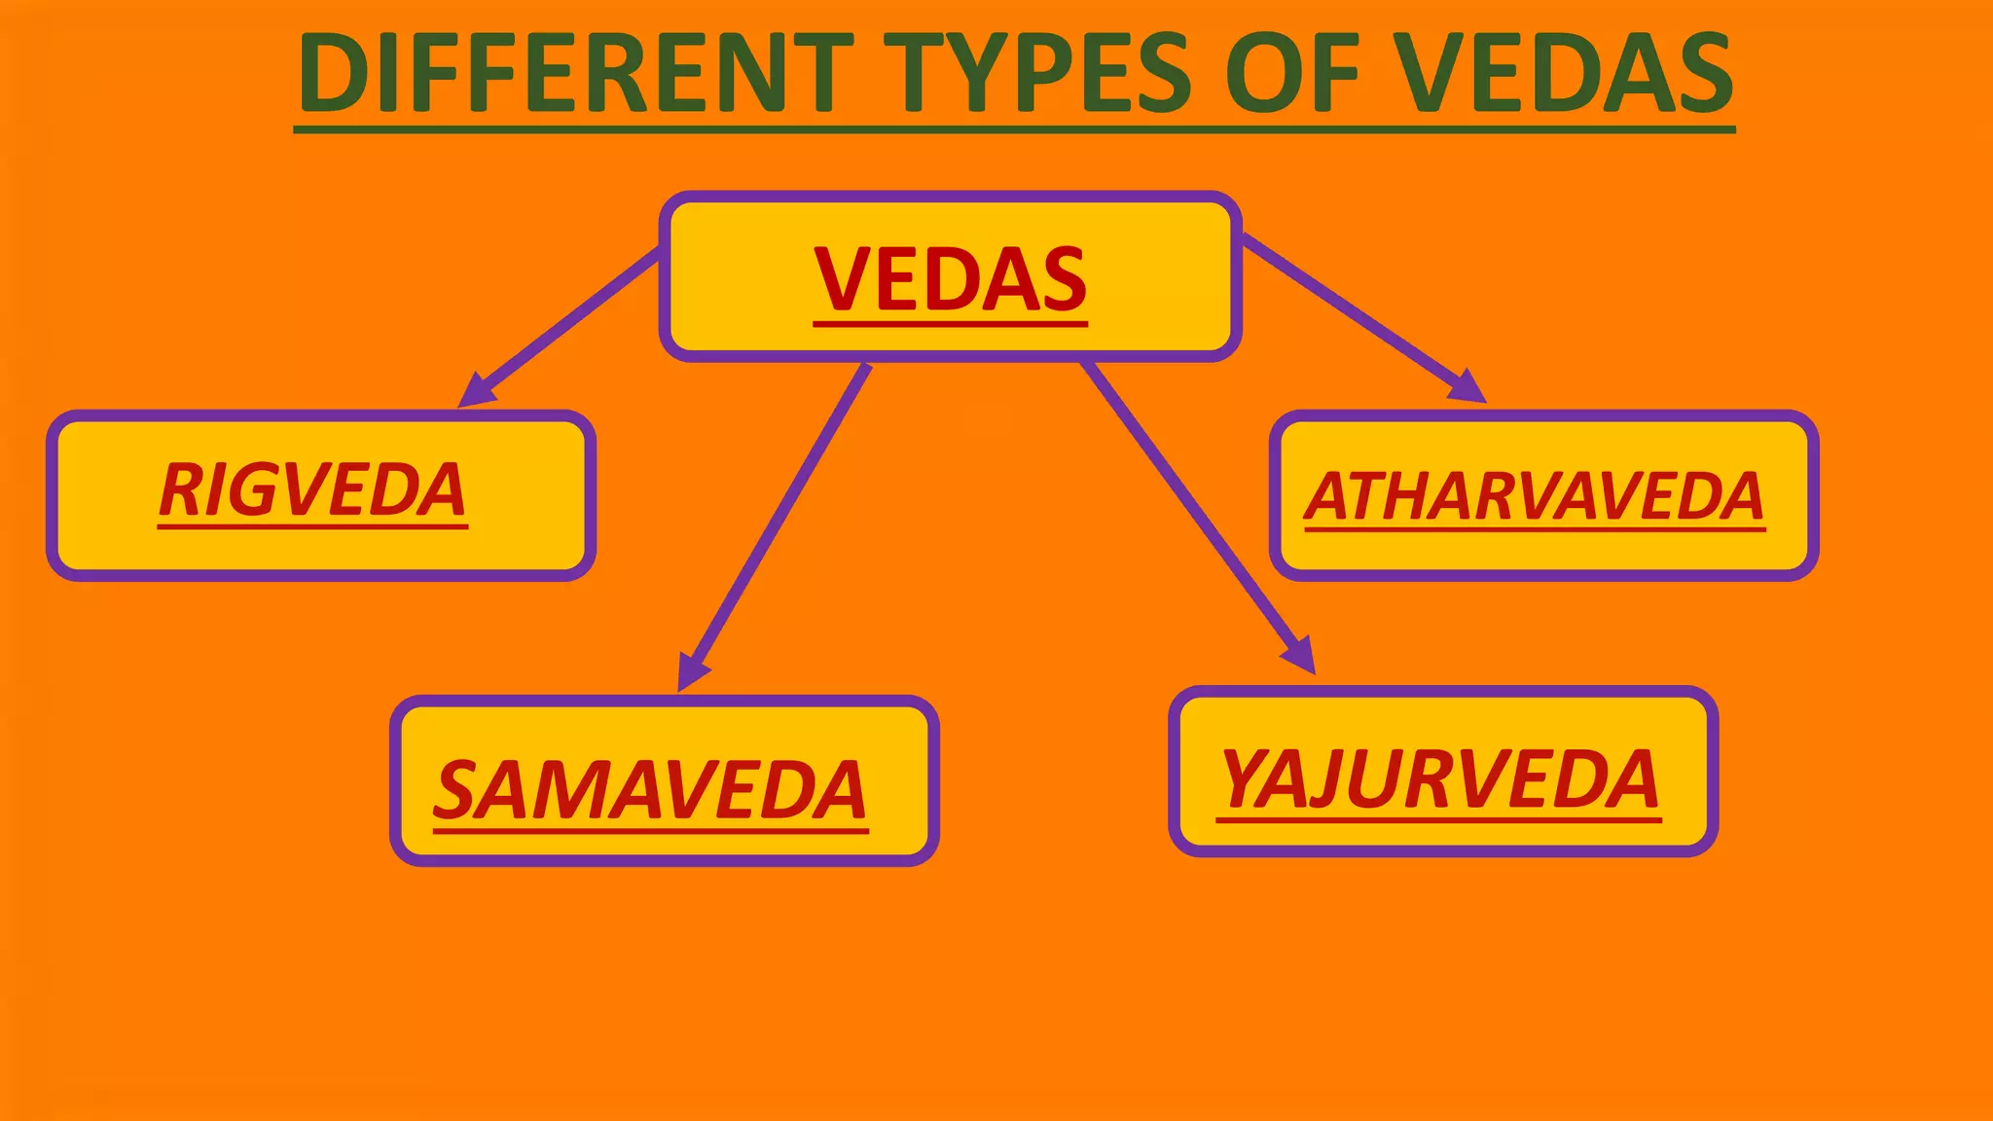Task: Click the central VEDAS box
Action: click(950, 277)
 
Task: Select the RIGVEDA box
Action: click(321, 495)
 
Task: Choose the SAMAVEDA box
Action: click(665, 780)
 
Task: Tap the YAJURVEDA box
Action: click(1443, 772)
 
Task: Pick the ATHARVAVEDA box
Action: click(1543, 495)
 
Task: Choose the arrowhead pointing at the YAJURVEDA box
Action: click(1301, 656)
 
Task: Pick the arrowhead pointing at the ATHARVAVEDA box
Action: click(1468, 387)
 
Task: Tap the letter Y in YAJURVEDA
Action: click(1246, 777)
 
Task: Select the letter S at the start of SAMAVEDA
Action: click(456, 789)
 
